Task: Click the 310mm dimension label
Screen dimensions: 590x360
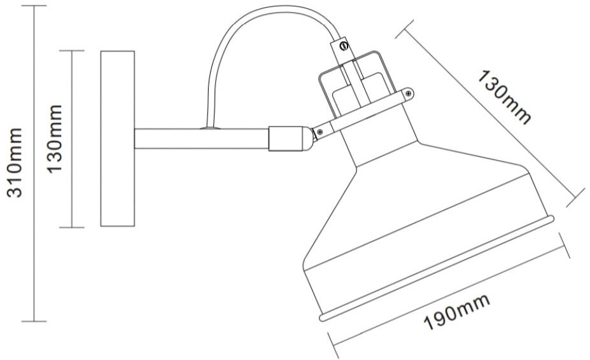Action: [x=15, y=162]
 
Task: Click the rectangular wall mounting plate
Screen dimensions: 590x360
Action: [x=117, y=139]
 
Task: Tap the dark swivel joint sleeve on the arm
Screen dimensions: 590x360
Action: [x=279, y=138]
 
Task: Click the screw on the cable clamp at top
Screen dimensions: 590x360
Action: [x=343, y=45]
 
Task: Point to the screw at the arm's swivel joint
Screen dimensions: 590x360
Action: [x=319, y=131]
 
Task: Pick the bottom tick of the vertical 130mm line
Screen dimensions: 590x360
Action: [x=75, y=227]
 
